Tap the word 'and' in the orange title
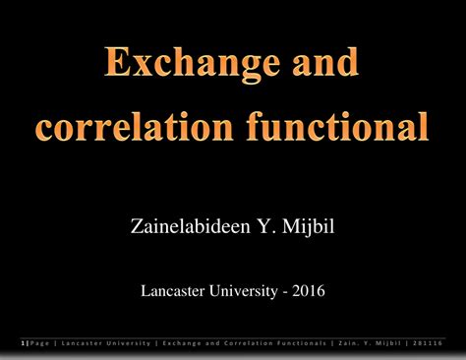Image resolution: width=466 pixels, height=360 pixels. [x=320, y=67]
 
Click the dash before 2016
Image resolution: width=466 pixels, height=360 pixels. [x=285, y=291]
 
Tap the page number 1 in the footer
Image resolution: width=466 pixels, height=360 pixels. [x=23, y=343]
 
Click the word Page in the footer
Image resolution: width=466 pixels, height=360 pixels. [x=38, y=343]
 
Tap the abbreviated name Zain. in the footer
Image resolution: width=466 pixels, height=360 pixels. [x=349, y=343]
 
